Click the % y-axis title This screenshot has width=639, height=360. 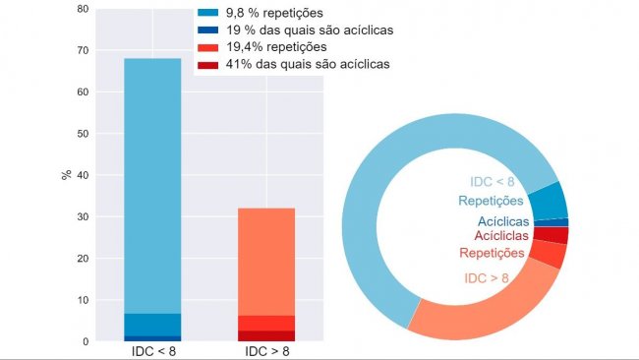65,175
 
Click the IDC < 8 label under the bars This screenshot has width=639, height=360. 153,351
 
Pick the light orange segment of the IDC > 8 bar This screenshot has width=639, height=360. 265,261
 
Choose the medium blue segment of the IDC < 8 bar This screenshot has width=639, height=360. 153,325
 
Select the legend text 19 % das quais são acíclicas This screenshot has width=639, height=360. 311,30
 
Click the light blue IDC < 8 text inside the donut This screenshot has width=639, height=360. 492,182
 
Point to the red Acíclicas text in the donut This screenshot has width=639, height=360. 501,236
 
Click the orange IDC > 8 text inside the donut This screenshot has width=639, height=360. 486,278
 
